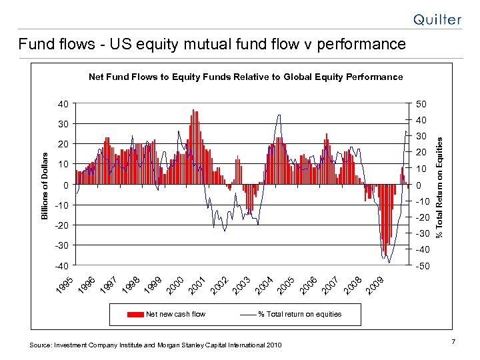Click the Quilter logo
pos(437,19)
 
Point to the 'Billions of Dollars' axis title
pos(44,185)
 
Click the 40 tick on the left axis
pos(62,104)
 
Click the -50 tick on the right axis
pos(423,266)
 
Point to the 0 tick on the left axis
pos(65,185)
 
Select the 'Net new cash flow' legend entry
pos(176,314)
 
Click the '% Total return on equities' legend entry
pos(300,314)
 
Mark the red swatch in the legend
pos(135,314)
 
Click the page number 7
pos(453,342)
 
